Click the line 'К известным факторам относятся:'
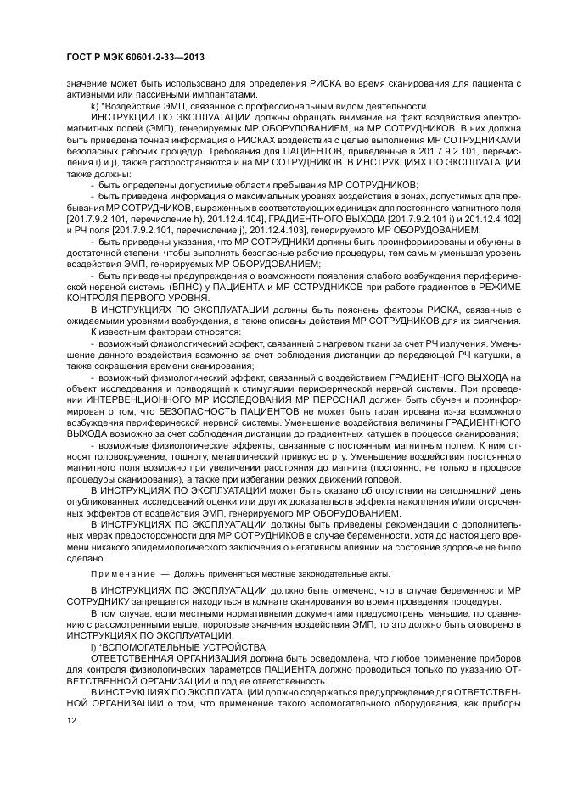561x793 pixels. point(158,331)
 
